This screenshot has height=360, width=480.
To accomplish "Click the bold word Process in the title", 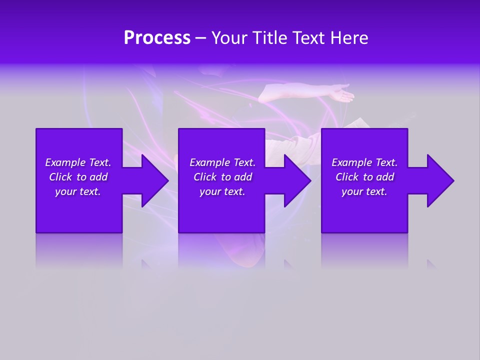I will click(157, 38).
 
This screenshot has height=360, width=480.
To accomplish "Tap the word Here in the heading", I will click(347, 38).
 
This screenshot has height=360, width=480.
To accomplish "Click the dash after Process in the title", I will click(200, 38).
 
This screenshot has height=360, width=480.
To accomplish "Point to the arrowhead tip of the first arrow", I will click(168, 180).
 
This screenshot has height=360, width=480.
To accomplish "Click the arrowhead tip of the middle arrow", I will click(310, 180).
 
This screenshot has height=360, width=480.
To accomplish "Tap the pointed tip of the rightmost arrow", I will click(453, 180).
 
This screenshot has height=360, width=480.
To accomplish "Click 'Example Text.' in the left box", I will click(78, 162).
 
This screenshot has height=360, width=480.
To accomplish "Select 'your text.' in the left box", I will click(78, 191).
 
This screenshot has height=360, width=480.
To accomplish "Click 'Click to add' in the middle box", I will click(222, 177).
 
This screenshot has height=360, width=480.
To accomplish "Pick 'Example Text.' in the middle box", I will click(222, 162).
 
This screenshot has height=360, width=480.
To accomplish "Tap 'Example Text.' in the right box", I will click(364, 162).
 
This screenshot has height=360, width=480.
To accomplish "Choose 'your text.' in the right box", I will click(364, 191).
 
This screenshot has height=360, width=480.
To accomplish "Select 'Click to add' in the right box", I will click(364, 177).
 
